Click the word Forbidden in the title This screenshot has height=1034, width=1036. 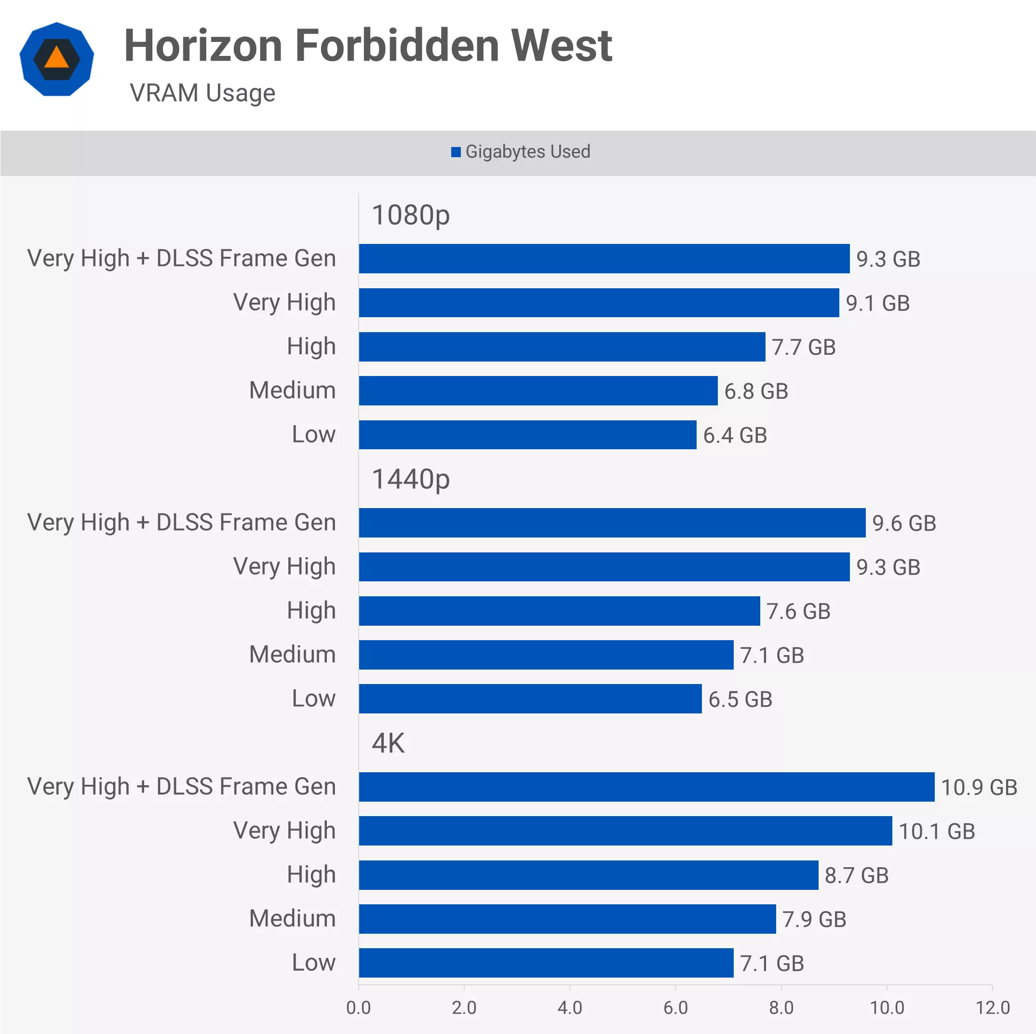[x=397, y=46]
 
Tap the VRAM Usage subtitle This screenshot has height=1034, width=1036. [x=202, y=93]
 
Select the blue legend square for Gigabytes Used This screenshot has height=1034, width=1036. [x=456, y=152]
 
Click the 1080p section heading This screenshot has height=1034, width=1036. [x=410, y=215]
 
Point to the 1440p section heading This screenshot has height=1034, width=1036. [x=410, y=479]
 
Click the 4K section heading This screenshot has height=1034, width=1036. [x=388, y=743]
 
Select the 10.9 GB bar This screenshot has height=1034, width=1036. [x=646, y=787]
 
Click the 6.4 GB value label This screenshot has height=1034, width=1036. [x=735, y=435]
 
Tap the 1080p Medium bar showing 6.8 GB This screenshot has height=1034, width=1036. [x=538, y=390]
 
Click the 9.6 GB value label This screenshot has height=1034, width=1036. [x=903, y=523]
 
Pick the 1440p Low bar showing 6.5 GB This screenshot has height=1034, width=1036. [x=530, y=699]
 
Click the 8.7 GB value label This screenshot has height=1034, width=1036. [x=856, y=875]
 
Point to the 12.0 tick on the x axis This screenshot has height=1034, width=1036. [x=992, y=1007]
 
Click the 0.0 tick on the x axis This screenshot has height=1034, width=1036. [x=358, y=1007]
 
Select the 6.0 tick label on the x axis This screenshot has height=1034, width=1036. [x=675, y=1007]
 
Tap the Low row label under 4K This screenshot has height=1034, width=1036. [x=313, y=963]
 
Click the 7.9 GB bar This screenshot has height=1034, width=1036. [x=567, y=919]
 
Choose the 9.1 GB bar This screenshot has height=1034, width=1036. [x=598, y=302]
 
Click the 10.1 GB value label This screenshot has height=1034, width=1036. [x=936, y=831]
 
